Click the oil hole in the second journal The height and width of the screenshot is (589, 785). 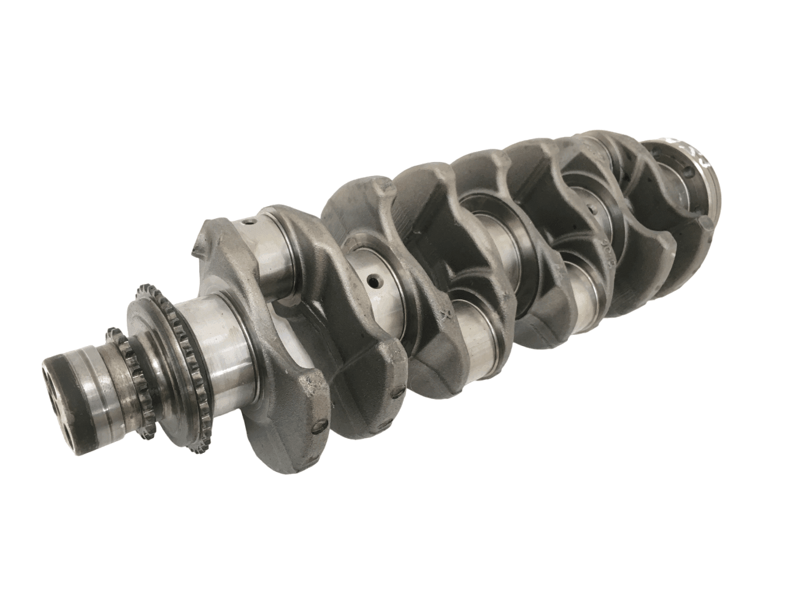click(x=372, y=281)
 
